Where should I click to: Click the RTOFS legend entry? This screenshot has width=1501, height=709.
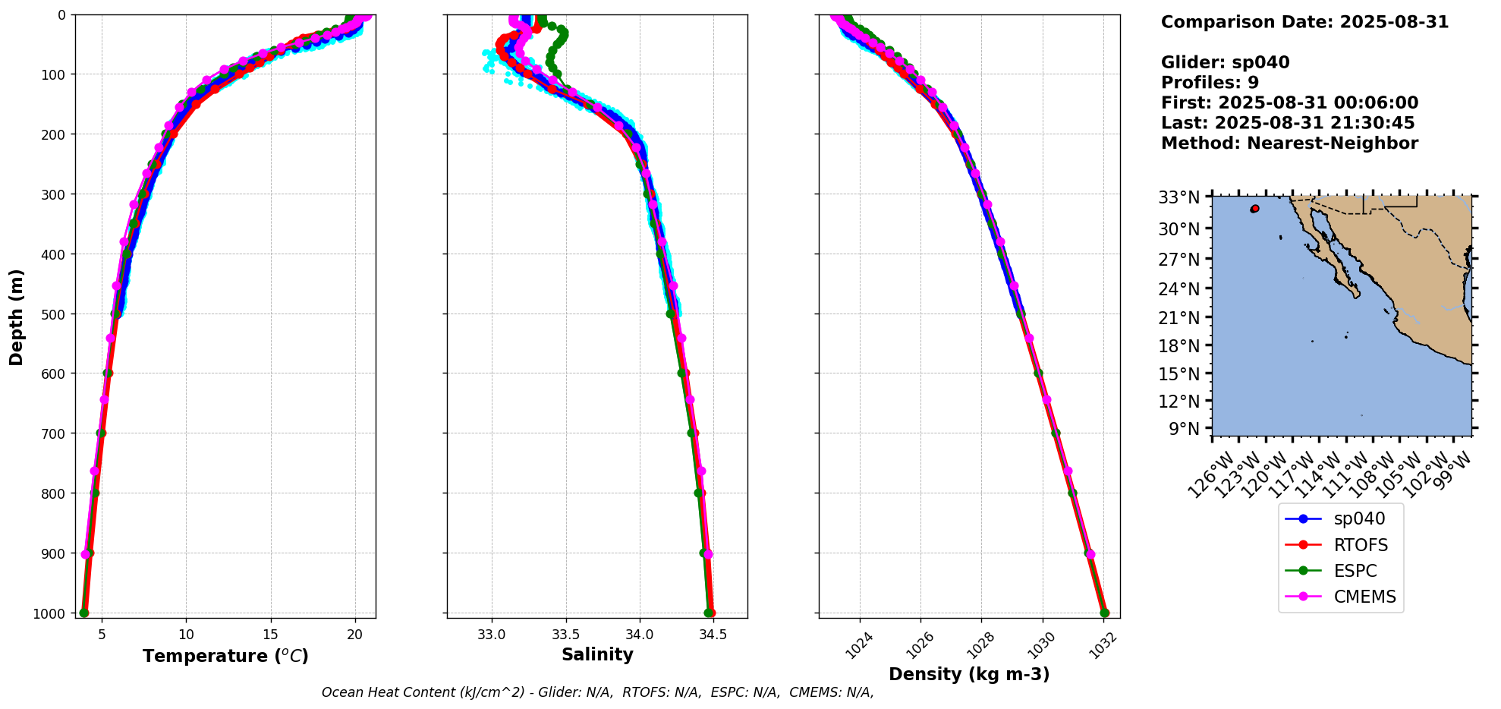coord(1360,545)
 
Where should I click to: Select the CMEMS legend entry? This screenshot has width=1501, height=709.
coord(1364,597)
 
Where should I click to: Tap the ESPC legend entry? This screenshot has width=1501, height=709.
coord(1355,571)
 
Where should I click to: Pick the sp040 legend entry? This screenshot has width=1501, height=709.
coord(1358,519)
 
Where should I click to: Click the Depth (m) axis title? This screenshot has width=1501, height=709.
coord(17,317)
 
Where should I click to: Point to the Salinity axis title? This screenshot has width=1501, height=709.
coord(597,655)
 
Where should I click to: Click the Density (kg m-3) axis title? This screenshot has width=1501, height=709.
coord(969,674)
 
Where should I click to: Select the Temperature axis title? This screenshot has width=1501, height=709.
coord(225,656)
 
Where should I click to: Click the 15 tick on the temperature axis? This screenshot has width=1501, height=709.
coord(271,635)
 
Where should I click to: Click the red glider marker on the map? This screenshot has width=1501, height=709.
coord(1255,208)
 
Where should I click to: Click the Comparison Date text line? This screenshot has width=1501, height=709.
coord(1304,22)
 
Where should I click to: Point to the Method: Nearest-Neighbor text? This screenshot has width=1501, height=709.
coord(1289,143)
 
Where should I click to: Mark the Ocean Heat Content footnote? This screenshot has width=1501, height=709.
coord(597,692)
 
